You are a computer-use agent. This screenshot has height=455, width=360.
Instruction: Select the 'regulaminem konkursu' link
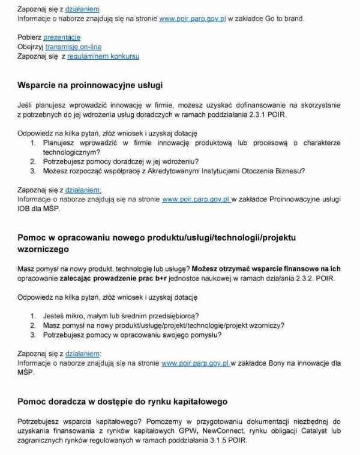point(103,56)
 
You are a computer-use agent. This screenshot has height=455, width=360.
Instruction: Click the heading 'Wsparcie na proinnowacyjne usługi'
point(90,85)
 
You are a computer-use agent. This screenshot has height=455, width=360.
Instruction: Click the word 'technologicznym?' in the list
point(71,152)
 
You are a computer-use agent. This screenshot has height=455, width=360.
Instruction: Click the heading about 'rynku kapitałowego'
point(122,401)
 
